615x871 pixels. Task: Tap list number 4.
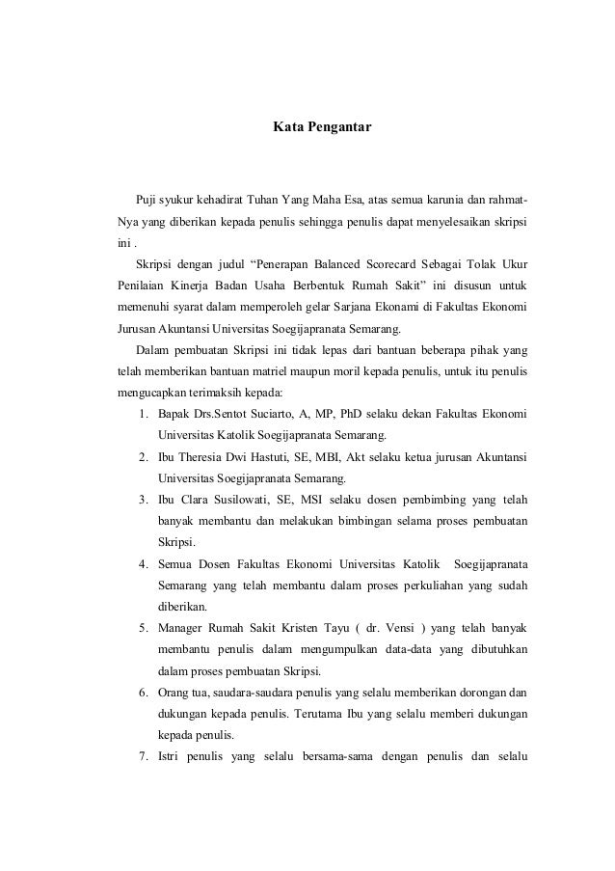point(142,563)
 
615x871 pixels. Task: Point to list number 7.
point(142,754)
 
